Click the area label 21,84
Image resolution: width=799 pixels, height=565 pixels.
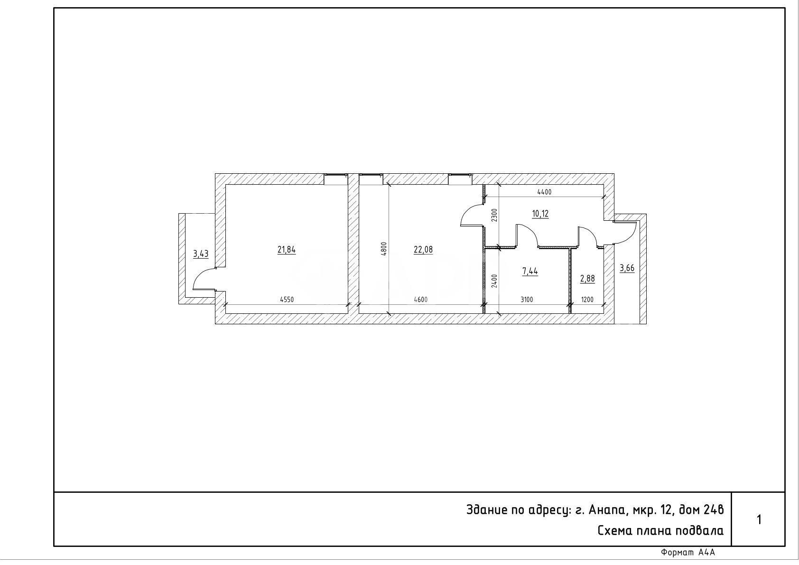(x=287, y=249)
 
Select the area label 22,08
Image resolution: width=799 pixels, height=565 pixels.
(x=423, y=249)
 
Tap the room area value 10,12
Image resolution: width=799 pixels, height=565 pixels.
(x=540, y=214)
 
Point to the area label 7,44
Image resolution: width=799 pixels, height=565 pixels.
(x=530, y=271)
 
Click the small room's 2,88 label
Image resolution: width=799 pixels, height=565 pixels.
(x=587, y=278)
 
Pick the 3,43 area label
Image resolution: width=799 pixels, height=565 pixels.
(x=201, y=254)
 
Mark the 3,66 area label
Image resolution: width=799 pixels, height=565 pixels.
(x=627, y=268)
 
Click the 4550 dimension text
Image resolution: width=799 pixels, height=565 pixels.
(x=287, y=300)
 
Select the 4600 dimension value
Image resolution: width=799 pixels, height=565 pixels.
(x=420, y=300)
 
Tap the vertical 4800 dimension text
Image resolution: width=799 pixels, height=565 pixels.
(x=384, y=249)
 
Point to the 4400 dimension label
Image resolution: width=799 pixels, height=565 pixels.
(x=544, y=192)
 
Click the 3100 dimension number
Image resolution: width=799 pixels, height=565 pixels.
(x=527, y=300)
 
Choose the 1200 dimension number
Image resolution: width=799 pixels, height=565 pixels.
(x=587, y=300)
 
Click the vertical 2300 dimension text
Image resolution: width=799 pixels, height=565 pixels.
(x=494, y=215)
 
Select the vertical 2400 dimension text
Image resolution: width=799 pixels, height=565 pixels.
(x=494, y=281)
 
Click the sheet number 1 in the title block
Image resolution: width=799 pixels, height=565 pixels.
(x=759, y=519)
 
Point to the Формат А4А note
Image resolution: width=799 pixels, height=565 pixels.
(x=688, y=553)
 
